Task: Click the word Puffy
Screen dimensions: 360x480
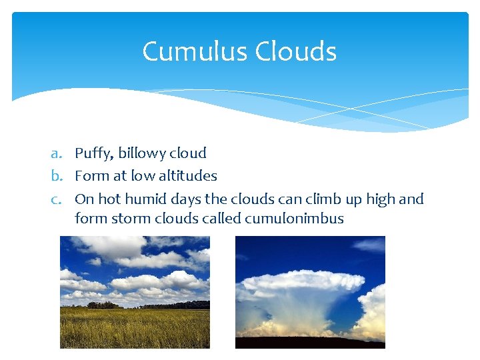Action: [93, 154]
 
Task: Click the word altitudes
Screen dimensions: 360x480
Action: [186, 176]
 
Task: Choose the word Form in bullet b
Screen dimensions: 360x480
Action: [89, 176]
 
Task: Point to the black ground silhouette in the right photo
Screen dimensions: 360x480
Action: [310, 343]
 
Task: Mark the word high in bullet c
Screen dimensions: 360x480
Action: [378, 199]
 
